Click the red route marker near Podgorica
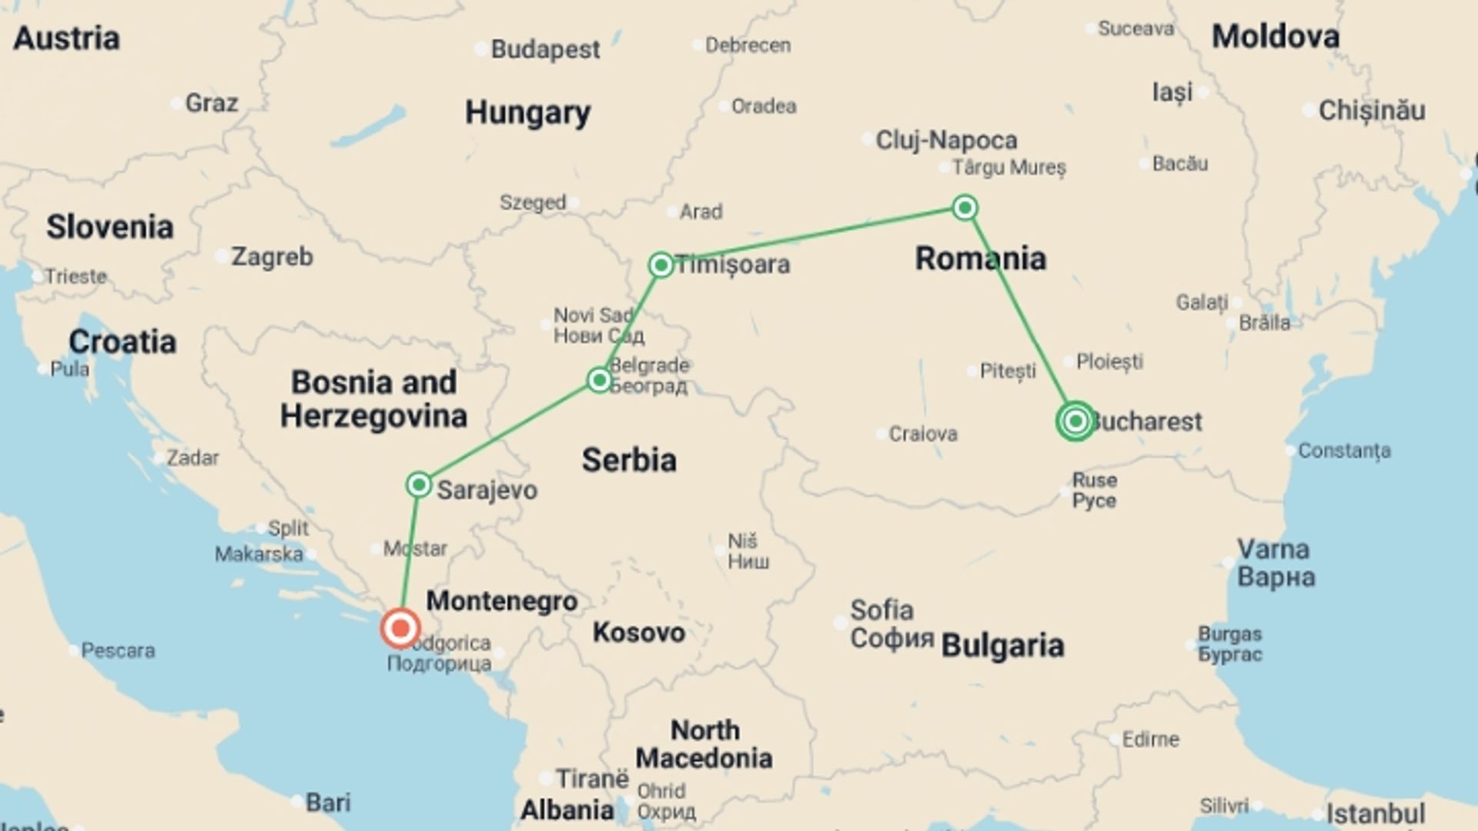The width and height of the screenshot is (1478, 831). click(x=400, y=629)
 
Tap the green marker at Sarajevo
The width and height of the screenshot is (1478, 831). click(x=419, y=485)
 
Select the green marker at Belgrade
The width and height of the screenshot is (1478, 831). click(x=599, y=379)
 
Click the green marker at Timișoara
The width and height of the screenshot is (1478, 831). click(x=660, y=265)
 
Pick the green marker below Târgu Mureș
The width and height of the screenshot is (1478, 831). click(x=965, y=208)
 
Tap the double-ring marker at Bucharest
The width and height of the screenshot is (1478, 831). click(x=1075, y=421)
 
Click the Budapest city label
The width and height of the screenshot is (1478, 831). click(x=545, y=50)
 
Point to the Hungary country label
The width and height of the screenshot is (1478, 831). click(x=527, y=113)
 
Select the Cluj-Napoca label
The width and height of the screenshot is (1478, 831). click(x=946, y=141)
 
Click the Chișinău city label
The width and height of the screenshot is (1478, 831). click(x=1372, y=111)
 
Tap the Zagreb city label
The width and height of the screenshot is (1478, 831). click(x=272, y=257)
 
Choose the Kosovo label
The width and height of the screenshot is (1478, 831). click(x=638, y=633)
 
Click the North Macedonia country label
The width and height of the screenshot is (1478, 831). click(x=704, y=744)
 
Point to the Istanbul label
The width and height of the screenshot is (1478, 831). click(x=1375, y=813)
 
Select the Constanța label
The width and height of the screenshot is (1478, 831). click(x=1344, y=451)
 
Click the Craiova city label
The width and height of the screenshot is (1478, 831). click(x=922, y=435)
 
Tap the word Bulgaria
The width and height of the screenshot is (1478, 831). click(x=1002, y=646)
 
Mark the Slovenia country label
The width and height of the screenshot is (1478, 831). click(x=109, y=228)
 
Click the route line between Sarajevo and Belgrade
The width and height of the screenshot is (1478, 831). click(x=509, y=432)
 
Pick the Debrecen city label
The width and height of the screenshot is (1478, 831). click(x=747, y=46)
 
